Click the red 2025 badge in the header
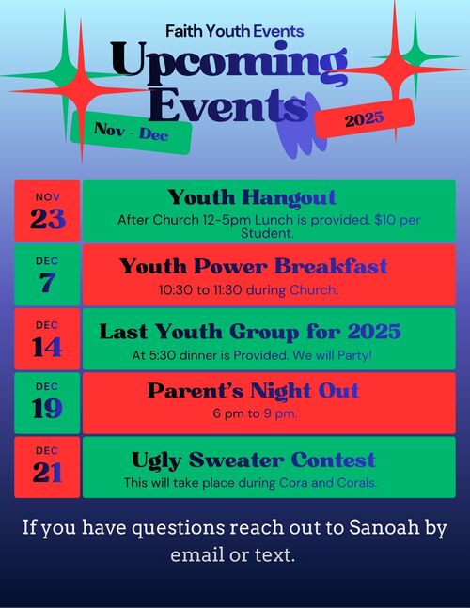(365, 118)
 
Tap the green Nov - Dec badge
(132, 133)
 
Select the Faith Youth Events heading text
(235, 31)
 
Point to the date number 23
(48, 219)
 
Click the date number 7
(47, 283)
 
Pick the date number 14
(47, 347)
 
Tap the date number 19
(47, 409)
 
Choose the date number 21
(47, 473)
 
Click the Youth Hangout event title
(252, 197)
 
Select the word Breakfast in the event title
(331, 266)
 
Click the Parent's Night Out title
(253, 391)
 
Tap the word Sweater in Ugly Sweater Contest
(236, 460)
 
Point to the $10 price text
(384, 220)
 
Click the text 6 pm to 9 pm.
(255, 413)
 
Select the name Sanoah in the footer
(384, 528)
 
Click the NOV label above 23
(48, 197)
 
